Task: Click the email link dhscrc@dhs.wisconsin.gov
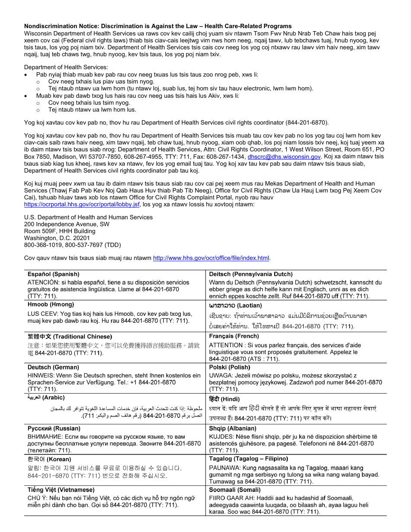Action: (x=284, y=157)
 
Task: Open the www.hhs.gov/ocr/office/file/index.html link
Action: (x=211, y=258)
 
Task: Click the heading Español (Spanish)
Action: (x=54, y=274)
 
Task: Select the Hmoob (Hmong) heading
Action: (x=51, y=304)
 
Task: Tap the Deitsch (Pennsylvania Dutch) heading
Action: (x=250, y=274)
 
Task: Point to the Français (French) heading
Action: (x=234, y=336)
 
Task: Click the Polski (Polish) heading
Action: (x=229, y=367)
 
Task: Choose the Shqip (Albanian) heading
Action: (x=232, y=428)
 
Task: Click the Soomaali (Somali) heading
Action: (x=234, y=490)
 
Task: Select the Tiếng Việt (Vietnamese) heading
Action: (x=61, y=490)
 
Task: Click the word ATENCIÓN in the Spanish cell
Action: (x=41, y=282)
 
